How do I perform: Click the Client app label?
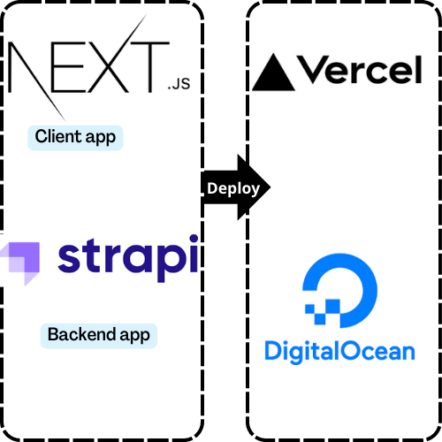[75, 137]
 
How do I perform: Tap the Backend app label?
[98, 335]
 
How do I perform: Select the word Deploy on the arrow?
[232, 188]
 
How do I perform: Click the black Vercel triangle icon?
[273, 72]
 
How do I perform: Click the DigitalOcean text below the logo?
[339, 351]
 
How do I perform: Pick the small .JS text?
[178, 86]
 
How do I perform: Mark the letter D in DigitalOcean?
[272, 351]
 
